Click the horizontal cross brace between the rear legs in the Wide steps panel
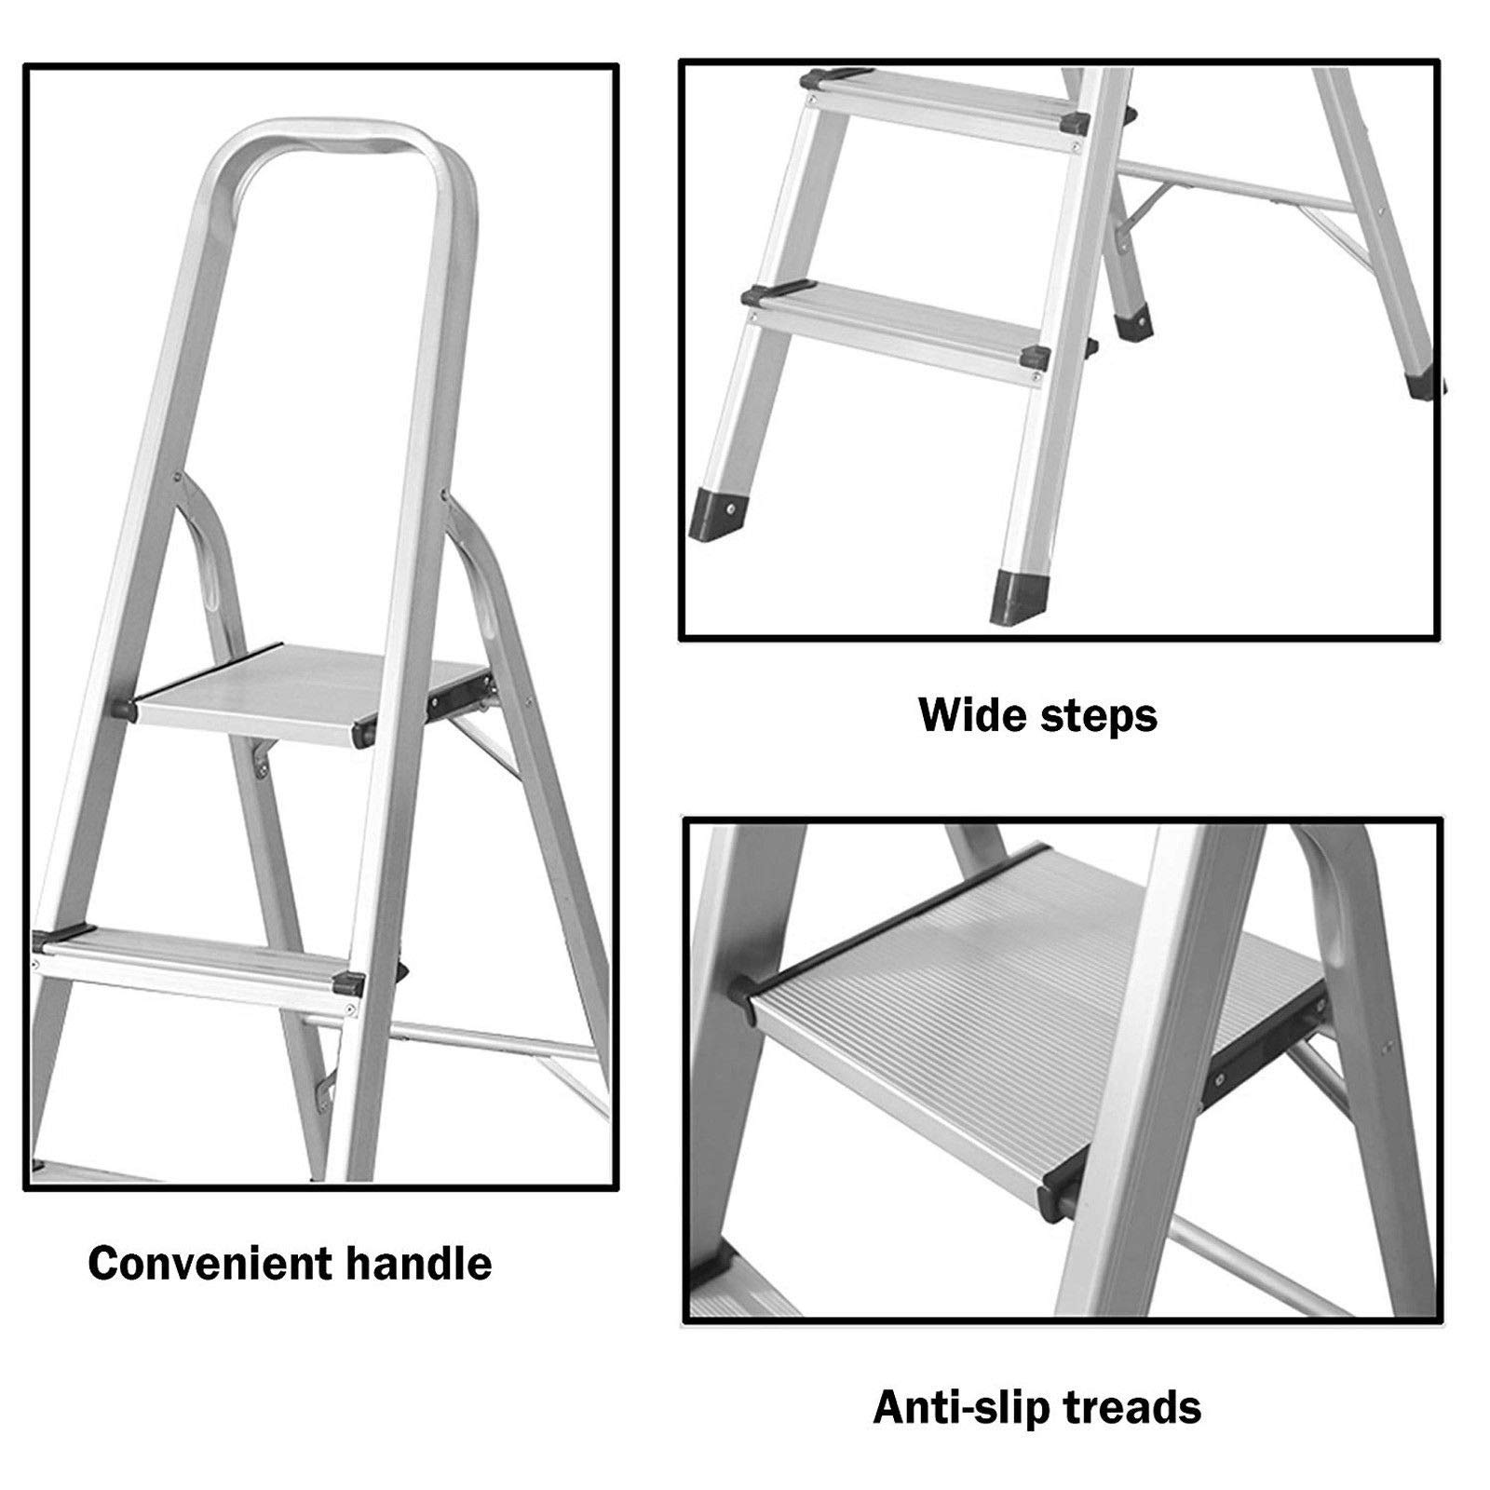pos(1229,186)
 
